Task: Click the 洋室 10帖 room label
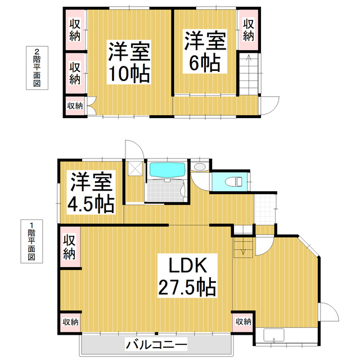tap(129, 62)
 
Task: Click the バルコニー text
tap(156, 344)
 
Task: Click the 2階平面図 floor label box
tap(37, 68)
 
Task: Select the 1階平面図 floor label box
tap(31, 241)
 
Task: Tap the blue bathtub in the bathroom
tap(167, 170)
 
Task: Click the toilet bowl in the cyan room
tap(236, 182)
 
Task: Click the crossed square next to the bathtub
tap(135, 169)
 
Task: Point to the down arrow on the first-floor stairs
tap(243, 251)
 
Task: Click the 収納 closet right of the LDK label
tap(243, 322)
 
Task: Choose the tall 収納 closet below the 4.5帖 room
tap(69, 246)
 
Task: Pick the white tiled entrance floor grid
tap(265, 206)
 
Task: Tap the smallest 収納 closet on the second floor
tap(75, 105)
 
